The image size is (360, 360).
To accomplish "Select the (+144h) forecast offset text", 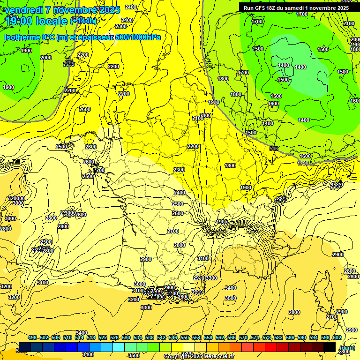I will pyautogui.click(x=83, y=21).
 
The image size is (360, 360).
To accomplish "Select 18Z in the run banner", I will pyautogui.click(x=274, y=8).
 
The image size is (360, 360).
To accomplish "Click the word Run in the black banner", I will pyautogui.click(x=249, y=8).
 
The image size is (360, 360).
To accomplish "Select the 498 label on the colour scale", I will pyautogui.click(x=32, y=337).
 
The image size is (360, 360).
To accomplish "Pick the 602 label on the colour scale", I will pyautogui.click(x=337, y=337).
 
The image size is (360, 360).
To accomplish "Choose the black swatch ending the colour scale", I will pyautogui.click(x=330, y=347).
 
